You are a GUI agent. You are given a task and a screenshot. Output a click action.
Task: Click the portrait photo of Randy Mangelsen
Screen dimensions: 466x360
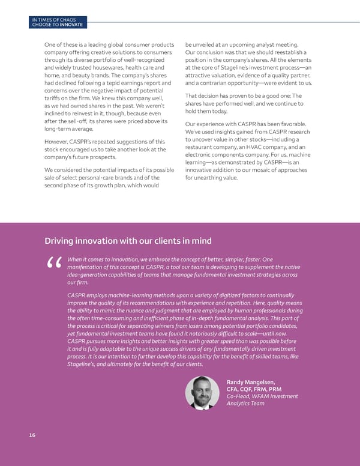(203, 393)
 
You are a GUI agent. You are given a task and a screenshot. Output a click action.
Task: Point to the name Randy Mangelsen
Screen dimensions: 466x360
(251, 381)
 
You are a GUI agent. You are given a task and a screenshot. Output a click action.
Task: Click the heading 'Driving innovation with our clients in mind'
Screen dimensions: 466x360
(128, 241)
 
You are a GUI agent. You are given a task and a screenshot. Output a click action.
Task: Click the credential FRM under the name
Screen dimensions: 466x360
(259, 389)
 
